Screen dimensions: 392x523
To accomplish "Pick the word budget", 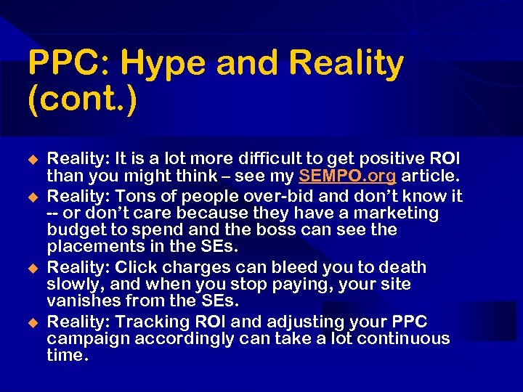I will coord(76,230).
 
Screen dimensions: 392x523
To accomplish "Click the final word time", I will coord(68,356).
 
